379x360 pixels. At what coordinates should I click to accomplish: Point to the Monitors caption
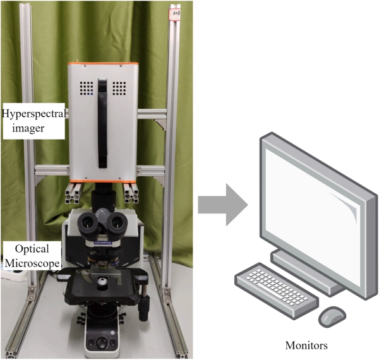[306, 345]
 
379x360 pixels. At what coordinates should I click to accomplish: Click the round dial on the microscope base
[102, 342]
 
